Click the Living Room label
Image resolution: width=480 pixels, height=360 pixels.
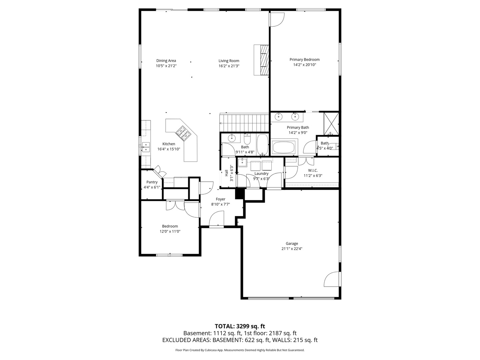pyautogui.click(x=229, y=61)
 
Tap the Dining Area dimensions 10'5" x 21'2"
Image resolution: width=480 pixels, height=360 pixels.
pyautogui.click(x=166, y=66)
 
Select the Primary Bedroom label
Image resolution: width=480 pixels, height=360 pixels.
pyautogui.click(x=304, y=59)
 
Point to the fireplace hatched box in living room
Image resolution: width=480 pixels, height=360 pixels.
pyautogui.click(x=264, y=60)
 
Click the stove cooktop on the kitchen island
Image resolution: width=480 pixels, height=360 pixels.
pyautogui.click(x=184, y=133)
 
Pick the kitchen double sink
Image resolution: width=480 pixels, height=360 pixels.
pyautogui.click(x=146, y=147)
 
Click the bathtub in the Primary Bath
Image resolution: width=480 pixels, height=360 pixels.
pyautogui.click(x=283, y=147)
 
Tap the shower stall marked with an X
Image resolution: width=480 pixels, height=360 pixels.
pyautogui.click(x=331, y=123)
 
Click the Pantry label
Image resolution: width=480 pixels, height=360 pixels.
pyautogui.click(x=152, y=182)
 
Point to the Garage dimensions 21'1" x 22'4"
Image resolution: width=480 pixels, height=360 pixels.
pyautogui.click(x=292, y=249)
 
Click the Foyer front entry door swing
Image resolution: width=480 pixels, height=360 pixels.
pyautogui.click(x=217, y=218)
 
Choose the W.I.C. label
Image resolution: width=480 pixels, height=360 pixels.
pyautogui.click(x=313, y=170)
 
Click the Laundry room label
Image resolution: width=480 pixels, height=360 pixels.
pyautogui.click(x=261, y=174)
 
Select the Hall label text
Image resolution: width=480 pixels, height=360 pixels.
pyautogui.click(x=227, y=173)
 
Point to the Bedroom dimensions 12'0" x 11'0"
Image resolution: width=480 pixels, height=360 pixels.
pyautogui.click(x=170, y=231)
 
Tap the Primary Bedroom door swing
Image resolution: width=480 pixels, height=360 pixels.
pyautogui.click(x=277, y=20)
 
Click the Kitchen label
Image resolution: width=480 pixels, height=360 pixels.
pyautogui.click(x=169, y=144)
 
